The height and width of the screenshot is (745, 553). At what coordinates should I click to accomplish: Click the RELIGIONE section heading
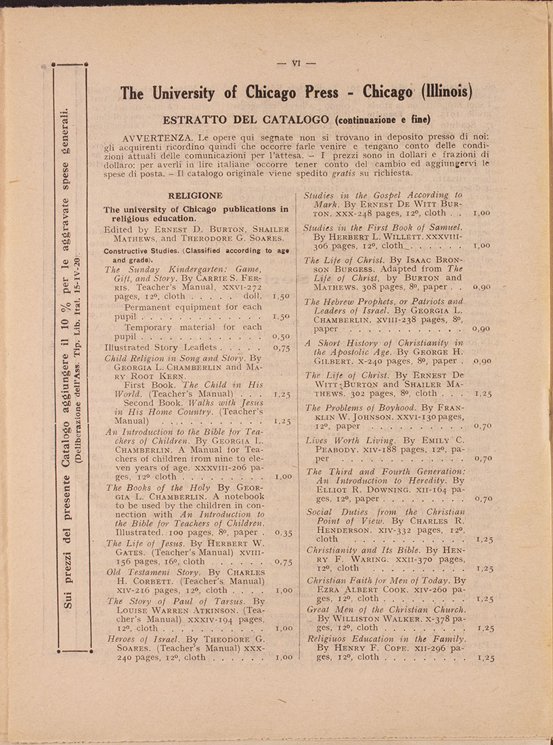click(195, 195)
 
